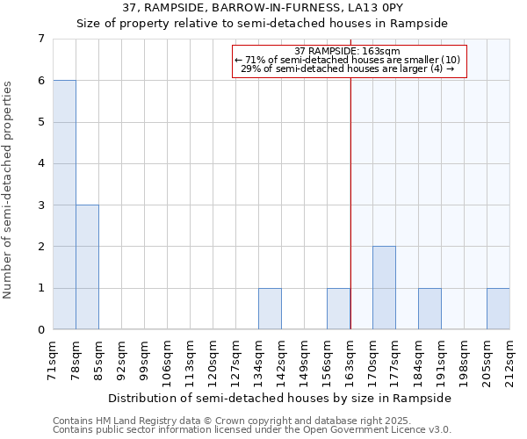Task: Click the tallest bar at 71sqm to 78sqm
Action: click(64, 205)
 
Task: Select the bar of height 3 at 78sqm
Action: click(87, 267)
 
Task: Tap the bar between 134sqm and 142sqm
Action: click(270, 309)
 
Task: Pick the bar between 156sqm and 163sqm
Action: click(338, 309)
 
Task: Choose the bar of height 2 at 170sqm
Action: click(384, 288)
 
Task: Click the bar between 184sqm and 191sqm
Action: click(430, 309)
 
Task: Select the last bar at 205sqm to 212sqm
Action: click(498, 309)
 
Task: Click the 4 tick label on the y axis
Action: click(40, 163)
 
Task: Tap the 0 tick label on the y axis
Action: click(40, 330)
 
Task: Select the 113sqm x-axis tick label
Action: click(191, 358)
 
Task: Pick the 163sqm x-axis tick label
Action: click(350, 358)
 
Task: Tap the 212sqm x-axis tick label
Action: click(510, 358)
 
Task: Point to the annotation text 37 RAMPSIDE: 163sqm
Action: click(348, 51)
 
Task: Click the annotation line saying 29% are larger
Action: click(348, 68)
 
